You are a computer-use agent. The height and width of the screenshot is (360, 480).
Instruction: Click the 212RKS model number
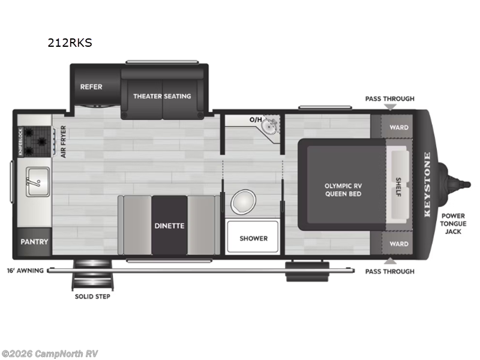(x=70, y=43)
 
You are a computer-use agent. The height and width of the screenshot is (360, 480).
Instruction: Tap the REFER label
(x=91, y=86)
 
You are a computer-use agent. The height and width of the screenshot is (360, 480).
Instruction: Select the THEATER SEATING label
(x=162, y=96)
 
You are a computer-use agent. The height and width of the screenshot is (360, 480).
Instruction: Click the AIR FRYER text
(x=64, y=142)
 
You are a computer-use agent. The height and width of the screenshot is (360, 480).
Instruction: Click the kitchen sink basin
(x=35, y=178)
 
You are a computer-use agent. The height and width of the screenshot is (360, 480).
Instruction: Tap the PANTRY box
(x=34, y=242)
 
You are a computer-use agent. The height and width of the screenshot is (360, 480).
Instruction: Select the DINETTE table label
(x=169, y=226)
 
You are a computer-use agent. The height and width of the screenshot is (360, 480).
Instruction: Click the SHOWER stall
(x=253, y=238)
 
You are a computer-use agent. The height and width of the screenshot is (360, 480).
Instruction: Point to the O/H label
(x=256, y=120)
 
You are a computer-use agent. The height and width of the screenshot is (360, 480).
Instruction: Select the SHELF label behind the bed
(x=398, y=185)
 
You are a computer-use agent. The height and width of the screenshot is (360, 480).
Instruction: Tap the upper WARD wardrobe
(x=399, y=127)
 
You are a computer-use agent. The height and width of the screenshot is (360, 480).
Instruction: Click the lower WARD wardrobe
(x=399, y=244)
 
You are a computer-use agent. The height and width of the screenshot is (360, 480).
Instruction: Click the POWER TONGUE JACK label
(x=453, y=223)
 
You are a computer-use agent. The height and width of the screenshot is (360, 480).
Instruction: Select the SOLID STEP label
(x=92, y=296)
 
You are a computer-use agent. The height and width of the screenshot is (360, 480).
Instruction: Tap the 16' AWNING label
(x=26, y=271)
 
